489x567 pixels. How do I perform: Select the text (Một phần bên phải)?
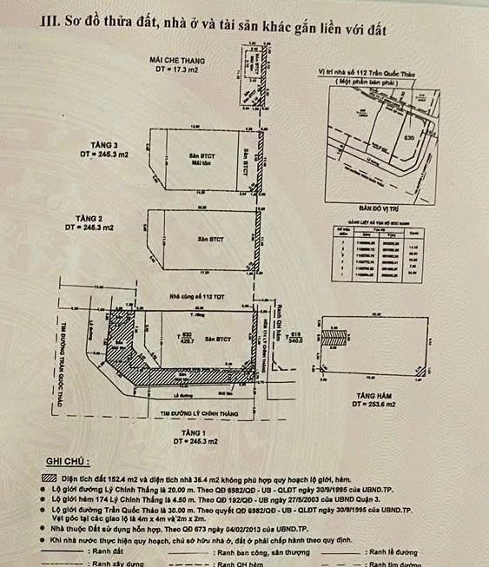point(373,79)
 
